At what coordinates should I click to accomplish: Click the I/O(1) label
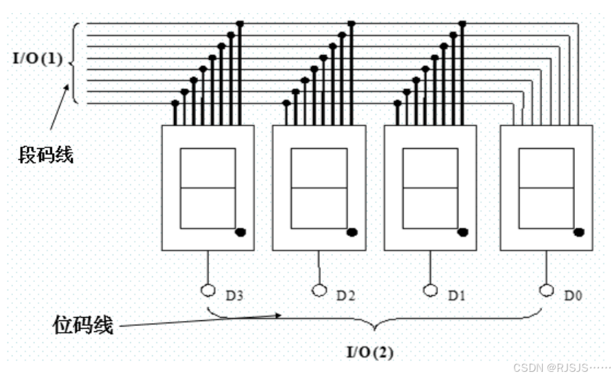tap(38, 59)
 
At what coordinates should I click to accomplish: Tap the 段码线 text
tap(46, 155)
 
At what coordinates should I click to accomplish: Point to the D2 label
tap(345, 296)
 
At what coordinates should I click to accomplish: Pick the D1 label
tap(456, 296)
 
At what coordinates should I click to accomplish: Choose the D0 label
tap(573, 296)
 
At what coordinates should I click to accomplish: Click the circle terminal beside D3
tap(208, 290)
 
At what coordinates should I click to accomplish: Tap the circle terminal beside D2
tap(319, 290)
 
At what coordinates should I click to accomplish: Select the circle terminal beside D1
tap(430, 290)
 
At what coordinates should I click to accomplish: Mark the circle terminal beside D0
tap(546, 290)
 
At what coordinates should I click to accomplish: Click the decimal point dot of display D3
tap(241, 233)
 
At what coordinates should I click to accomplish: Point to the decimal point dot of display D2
tap(352, 233)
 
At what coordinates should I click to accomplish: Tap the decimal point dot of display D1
tap(463, 233)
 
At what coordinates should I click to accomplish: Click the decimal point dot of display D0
tap(579, 233)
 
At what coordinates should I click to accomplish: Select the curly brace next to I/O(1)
tap(74, 62)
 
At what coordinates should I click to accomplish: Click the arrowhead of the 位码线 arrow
tap(280, 316)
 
